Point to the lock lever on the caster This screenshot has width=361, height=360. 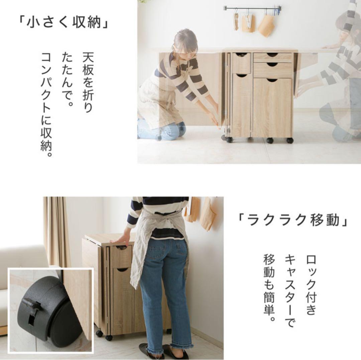32,306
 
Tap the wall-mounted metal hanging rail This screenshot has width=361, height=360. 252,8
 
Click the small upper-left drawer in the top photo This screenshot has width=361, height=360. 241,63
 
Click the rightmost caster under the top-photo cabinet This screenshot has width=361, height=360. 289,140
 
